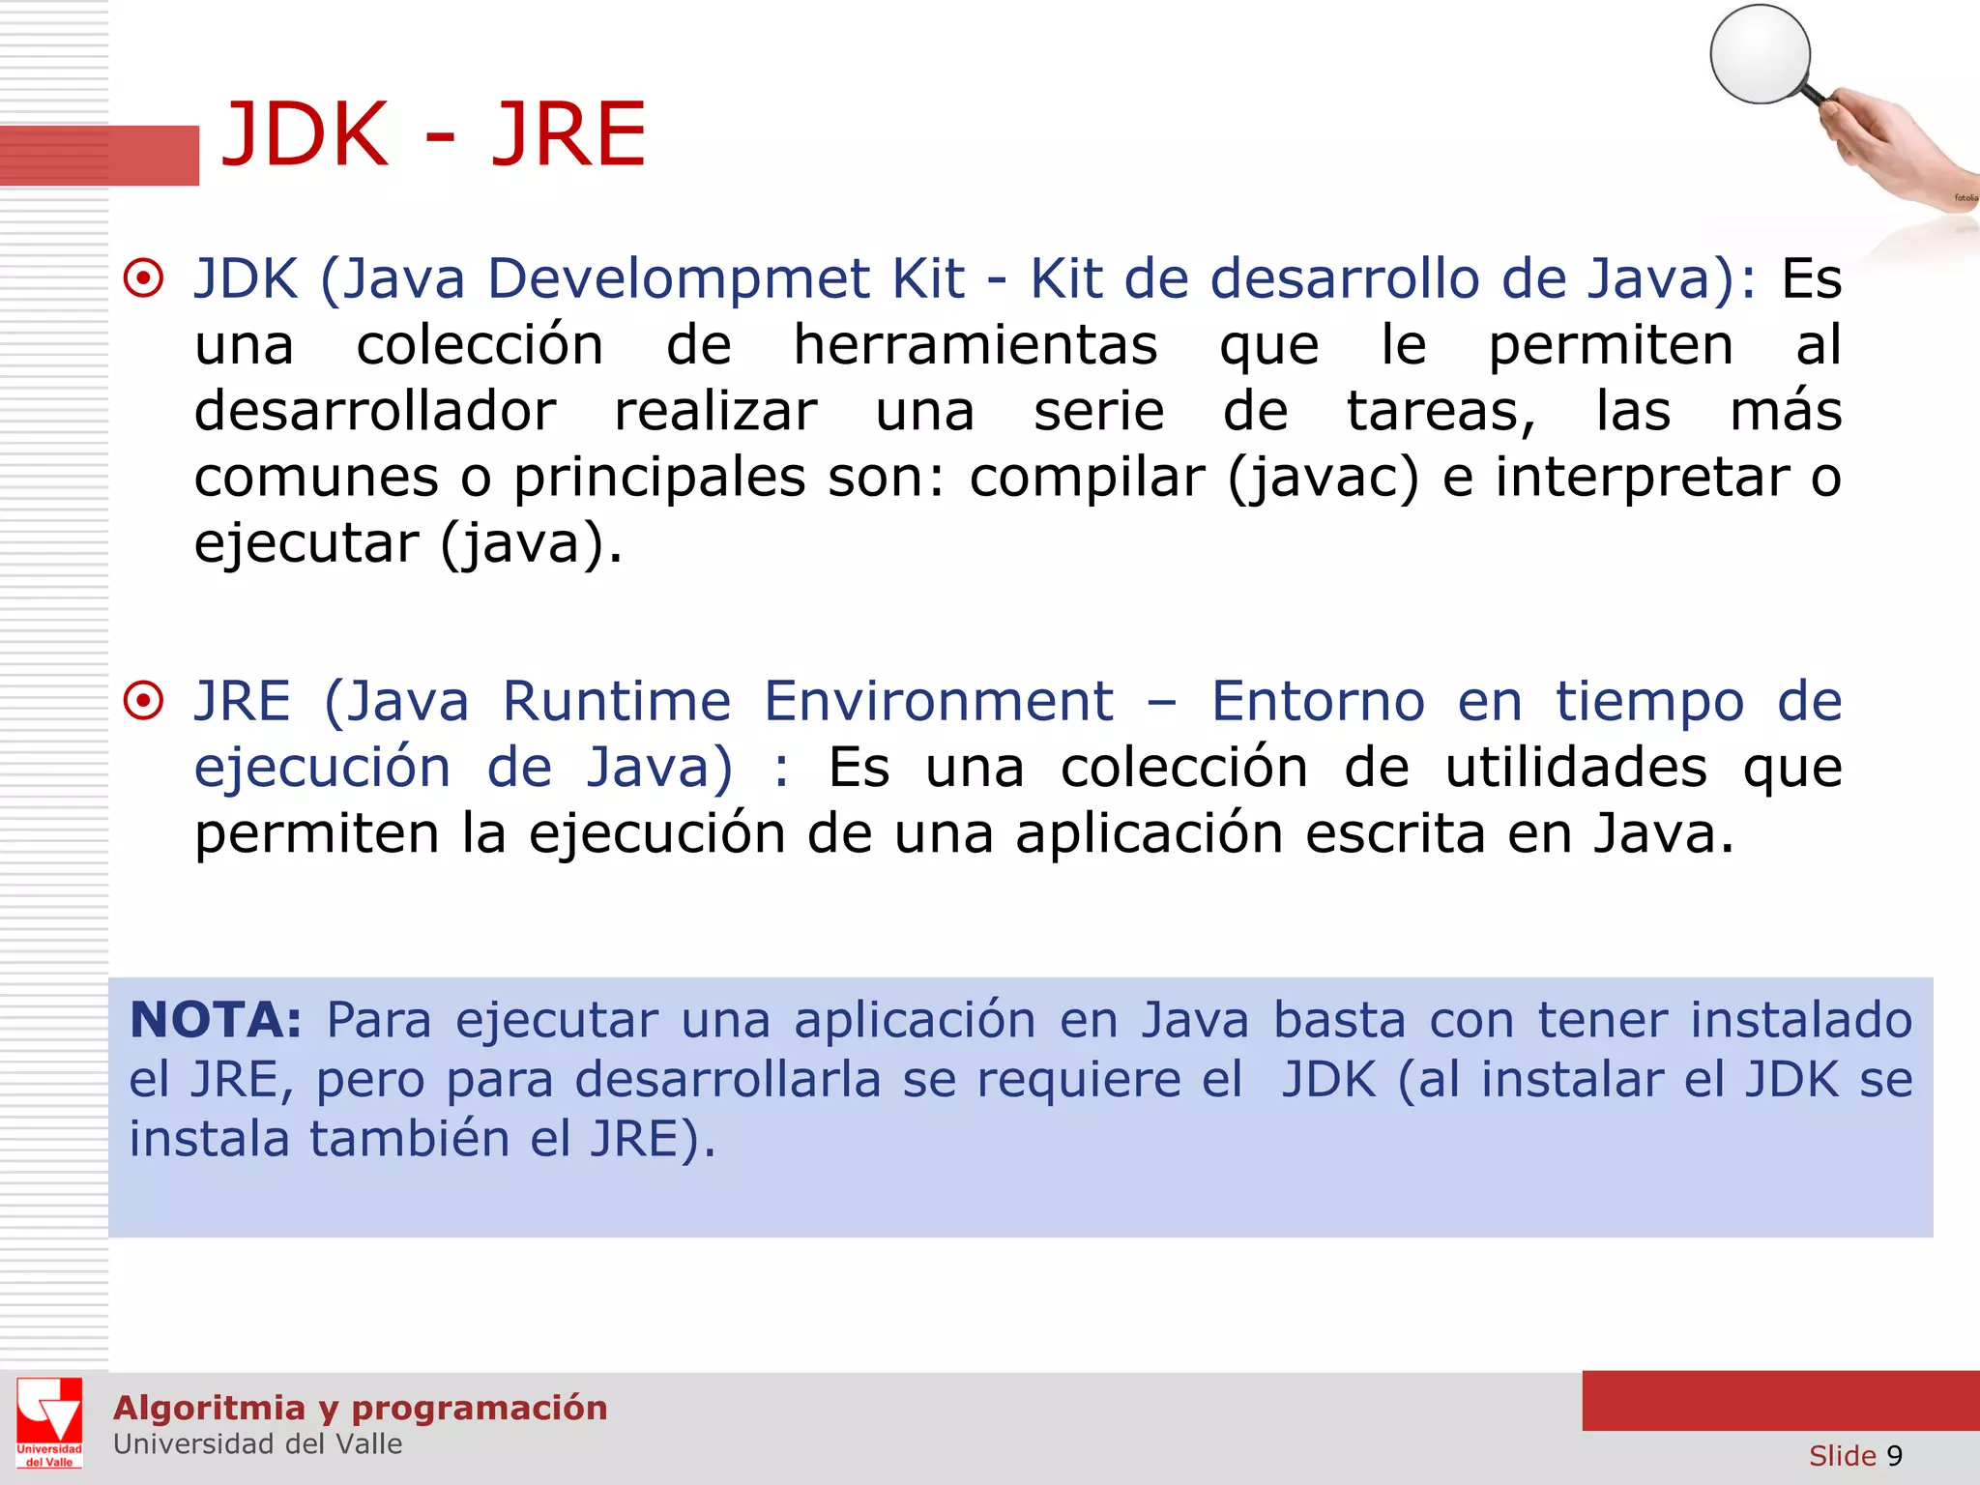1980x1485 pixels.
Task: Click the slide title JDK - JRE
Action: pyautogui.click(x=433, y=135)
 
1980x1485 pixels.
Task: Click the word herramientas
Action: pyautogui.click(x=975, y=345)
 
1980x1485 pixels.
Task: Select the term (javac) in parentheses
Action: pyautogui.click(x=1324, y=478)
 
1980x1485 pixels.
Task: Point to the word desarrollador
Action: pyautogui.click(x=375, y=412)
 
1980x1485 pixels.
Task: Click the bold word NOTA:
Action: pyautogui.click(x=216, y=1020)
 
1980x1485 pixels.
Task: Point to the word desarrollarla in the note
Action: pyautogui.click(x=727, y=1080)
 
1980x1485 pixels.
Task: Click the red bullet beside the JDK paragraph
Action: pyautogui.click(x=144, y=279)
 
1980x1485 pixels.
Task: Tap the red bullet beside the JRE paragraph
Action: pyautogui.click(x=144, y=701)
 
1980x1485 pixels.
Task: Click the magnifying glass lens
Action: pyautogui.click(x=1760, y=54)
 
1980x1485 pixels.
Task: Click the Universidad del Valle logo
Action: pyautogui.click(x=49, y=1423)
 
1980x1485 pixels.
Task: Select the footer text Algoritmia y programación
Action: pyautogui.click(x=360, y=1408)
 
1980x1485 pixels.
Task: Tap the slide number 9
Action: pyautogui.click(x=1894, y=1456)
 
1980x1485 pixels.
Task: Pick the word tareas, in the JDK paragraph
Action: pyautogui.click(x=1441, y=412)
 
